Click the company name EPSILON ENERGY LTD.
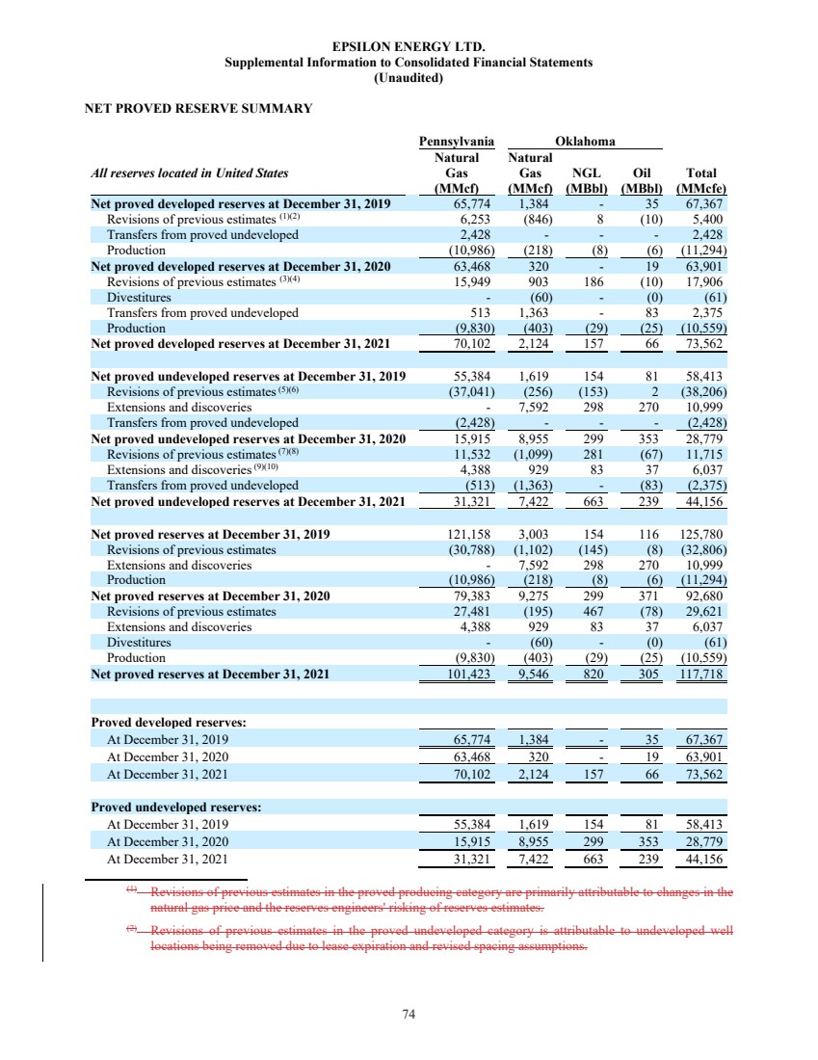pos(408,46)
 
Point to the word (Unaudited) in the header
pos(408,78)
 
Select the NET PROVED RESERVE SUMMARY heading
pos(198,109)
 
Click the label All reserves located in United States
pos(189,173)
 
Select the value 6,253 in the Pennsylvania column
pos(474,219)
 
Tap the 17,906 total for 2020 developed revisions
pos(704,281)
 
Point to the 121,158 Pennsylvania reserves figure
pos(470,533)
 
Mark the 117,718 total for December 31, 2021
pos(702,674)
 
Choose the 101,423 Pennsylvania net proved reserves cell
pos(469,674)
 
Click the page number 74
pos(409,1014)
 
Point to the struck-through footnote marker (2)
pos(132,930)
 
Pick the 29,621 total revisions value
pos(704,611)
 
